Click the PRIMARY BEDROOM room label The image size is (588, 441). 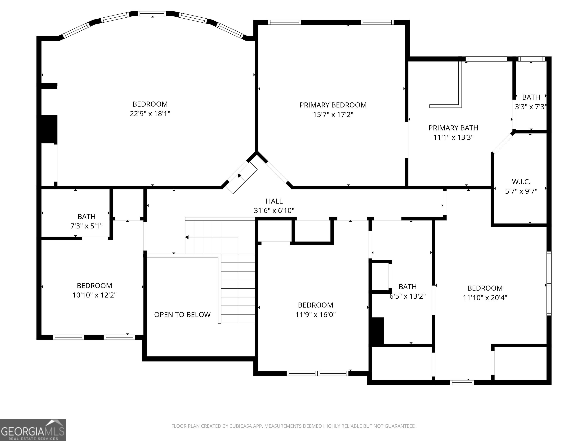[x=333, y=105]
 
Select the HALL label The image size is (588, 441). [x=274, y=201]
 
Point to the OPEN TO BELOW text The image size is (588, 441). [x=182, y=315]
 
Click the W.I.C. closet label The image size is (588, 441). [x=521, y=182]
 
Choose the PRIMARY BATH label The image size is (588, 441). [x=453, y=128]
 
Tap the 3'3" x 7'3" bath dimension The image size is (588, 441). [x=531, y=107]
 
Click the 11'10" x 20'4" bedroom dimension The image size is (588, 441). [x=485, y=298]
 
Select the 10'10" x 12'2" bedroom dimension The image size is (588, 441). [x=94, y=295]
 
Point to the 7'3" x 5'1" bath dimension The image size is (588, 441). [x=86, y=226]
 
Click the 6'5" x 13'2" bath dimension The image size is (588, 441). [x=408, y=296]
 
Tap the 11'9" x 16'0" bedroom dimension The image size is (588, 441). [x=315, y=315]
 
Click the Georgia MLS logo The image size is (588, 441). [x=33, y=430]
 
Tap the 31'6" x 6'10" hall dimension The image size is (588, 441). [x=274, y=211]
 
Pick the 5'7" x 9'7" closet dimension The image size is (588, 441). [x=521, y=191]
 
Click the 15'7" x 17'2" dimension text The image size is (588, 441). [x=333, y=115]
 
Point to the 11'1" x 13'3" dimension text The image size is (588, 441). [x=453, y=137]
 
